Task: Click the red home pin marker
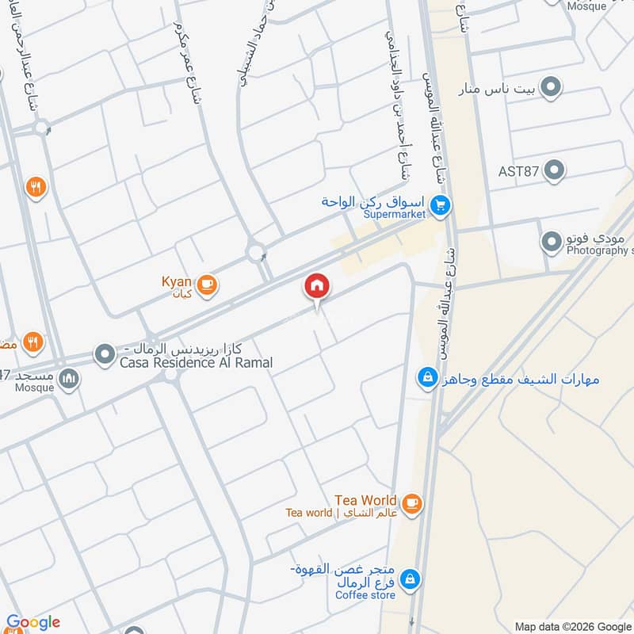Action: (317, 287)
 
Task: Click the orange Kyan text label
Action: (177, 282)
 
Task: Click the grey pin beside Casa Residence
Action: (105, 354)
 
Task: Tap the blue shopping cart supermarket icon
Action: (441, 207)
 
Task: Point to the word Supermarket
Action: (395, 214)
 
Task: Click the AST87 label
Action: (518, 170)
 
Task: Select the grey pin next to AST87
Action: (555, 170)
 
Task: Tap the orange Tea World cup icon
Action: (411, 502)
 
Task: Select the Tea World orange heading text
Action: (365, 500)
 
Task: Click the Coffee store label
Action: (365, 594)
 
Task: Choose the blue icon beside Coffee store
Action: (410, 580)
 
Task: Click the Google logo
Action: (32, 623)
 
